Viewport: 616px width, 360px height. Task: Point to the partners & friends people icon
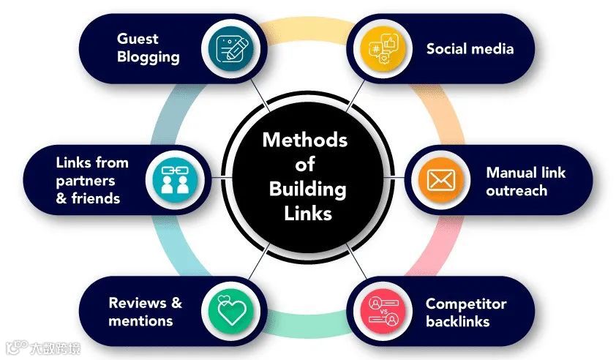[173, 179]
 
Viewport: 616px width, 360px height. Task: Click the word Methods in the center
[305, 139]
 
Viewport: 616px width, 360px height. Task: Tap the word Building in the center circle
[307, 189]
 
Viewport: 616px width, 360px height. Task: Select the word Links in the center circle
[307, 214]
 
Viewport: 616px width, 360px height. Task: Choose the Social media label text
[470, 49]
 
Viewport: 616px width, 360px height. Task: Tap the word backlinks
[457, 321]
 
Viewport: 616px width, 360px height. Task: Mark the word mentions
[140, 320]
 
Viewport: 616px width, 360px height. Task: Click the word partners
[84, 180]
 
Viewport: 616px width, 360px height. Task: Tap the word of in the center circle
[307, 164]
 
